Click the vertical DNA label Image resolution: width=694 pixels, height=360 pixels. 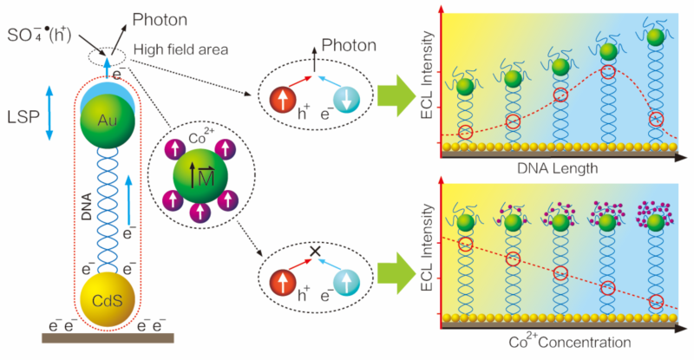pos(86,208)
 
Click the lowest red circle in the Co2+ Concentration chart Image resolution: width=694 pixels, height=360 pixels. pos(656,302)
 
